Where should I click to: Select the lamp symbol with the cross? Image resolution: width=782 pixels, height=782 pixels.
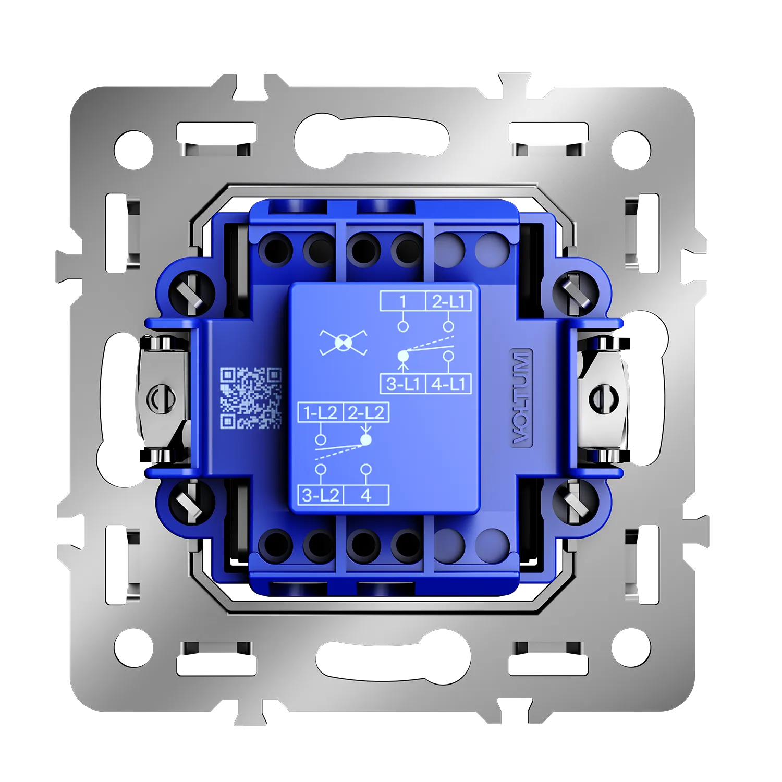point(343,343)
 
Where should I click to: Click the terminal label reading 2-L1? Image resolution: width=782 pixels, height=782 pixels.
point(448,301)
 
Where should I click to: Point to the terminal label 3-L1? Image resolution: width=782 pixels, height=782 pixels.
point(403,384)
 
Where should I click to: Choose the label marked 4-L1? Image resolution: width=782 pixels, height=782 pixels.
point(449,384)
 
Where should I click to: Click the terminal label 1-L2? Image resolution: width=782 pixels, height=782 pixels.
point(320,412)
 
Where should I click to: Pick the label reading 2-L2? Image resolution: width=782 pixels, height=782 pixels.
point(366,412)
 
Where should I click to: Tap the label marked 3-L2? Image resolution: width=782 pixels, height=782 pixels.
point(320,495)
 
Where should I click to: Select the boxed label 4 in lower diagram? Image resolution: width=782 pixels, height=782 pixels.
point(366,495)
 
